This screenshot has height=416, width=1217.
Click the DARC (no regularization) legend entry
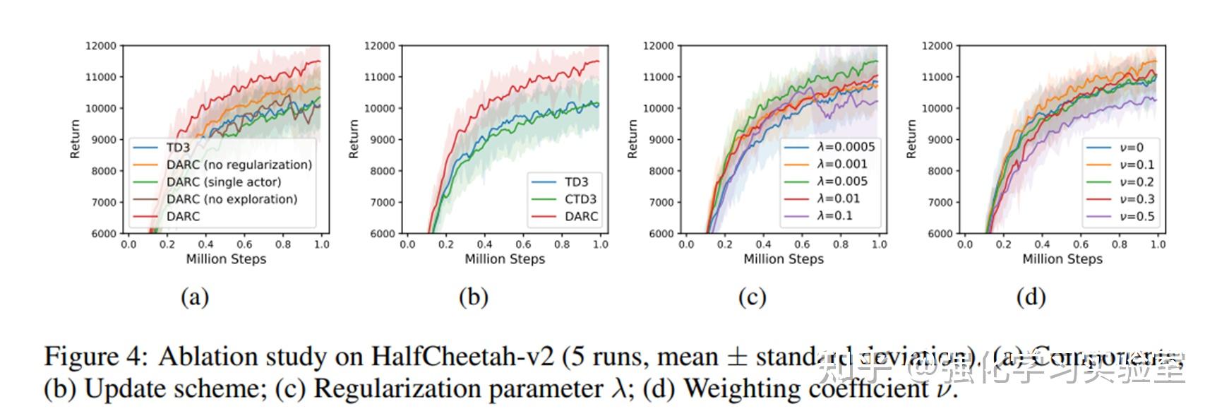pyautogui.click(x=239, y=165)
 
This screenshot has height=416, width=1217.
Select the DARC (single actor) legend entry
pyautogui.click(x=223, y=182)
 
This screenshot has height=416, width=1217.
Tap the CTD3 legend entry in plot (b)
pyautogui.click(x=580, y=199)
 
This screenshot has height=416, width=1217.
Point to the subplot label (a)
pyautogui.click(x=195, y=297)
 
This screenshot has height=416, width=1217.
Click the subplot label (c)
pyautogui.click(x=752, y=297)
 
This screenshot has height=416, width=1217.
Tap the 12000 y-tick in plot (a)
pyautogui.click(x=101, y=46)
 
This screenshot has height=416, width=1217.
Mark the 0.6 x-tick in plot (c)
pyautogui.click(x=802, y=244)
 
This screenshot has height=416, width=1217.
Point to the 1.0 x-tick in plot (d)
pyautogui.click(x=1158, y=244)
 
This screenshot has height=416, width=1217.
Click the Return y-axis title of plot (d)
pyautogui.click(x=911, y=138)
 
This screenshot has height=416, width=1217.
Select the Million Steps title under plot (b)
pyautogui.click(x=505, y=259)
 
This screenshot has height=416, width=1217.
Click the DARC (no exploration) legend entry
pyautogui.click(x=232, y=199)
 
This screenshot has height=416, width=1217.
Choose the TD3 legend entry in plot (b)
pyautogui.click(x=576, y=182)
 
